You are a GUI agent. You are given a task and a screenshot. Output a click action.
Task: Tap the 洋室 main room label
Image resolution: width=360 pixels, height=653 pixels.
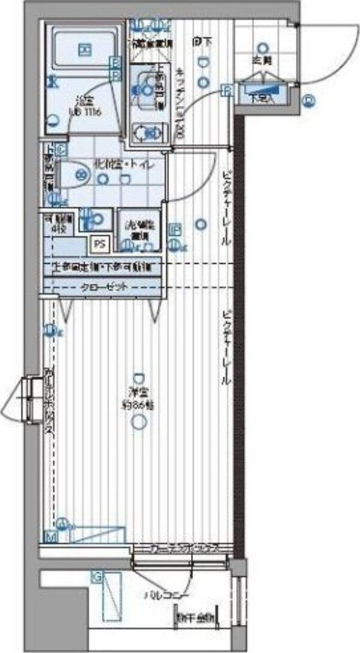click(x=140, y=393)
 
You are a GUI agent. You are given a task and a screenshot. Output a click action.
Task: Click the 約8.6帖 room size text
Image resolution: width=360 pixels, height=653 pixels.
click(x=140, y=405)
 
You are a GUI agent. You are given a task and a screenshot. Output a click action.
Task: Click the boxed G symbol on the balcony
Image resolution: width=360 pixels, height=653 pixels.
click(x=96, y=577)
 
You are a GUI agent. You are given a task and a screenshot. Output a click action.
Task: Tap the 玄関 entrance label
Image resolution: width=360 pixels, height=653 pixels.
click(x=262, y=60)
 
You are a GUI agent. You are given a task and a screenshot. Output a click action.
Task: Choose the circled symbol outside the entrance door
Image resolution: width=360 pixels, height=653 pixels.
click(x=309, y=101)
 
